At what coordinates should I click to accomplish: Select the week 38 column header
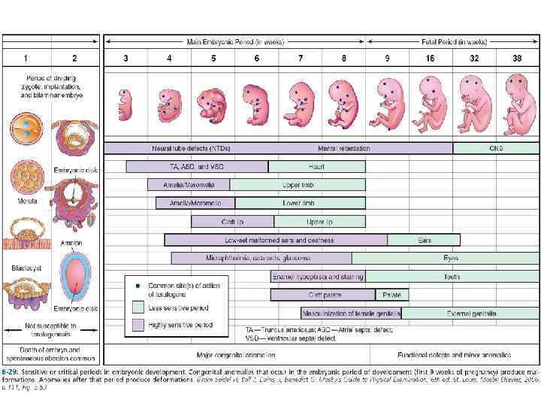(x=517, y=58)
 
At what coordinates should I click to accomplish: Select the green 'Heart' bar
(x=316, y=167)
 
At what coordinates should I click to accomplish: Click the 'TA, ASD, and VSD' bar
(x=197, y=167)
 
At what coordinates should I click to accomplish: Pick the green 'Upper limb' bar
(x=298, y=185)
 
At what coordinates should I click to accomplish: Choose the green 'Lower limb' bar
(x=300, y=203)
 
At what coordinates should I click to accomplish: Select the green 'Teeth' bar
(x=452, y=277)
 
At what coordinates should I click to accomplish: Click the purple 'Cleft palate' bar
(x=322, y=295)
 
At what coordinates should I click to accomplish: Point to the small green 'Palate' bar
(x=391, y=295)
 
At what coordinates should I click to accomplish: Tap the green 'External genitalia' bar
(x=470, y=313)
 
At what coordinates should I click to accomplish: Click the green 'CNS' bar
(x=496, y=148)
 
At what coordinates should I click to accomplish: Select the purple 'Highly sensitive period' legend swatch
(x=138, y=325)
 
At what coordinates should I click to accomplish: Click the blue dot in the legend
(x=138, y=286)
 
